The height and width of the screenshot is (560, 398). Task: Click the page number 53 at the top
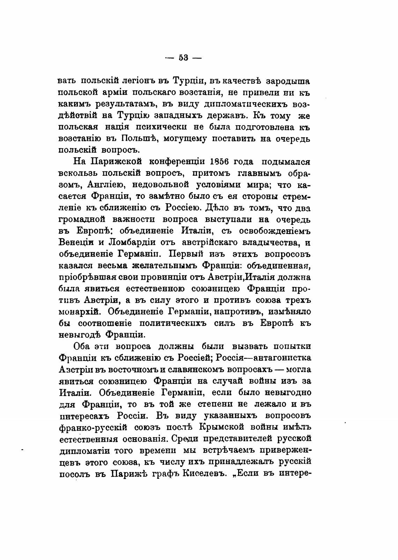pyautogui.click(x=183, y=58)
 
